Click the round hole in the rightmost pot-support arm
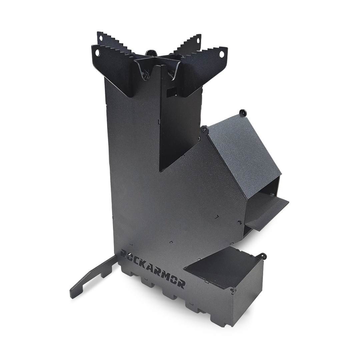[x=222, y=54]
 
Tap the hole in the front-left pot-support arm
[x=98, y=53]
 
